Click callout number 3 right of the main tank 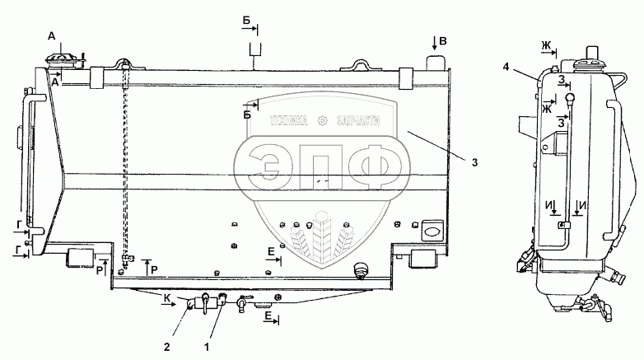point(474,161)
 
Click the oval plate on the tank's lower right point(431,233)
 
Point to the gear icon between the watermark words point(324,120)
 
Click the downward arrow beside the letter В point(435,41)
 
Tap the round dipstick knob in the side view point(569,99)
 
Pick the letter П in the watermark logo point(321,167)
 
